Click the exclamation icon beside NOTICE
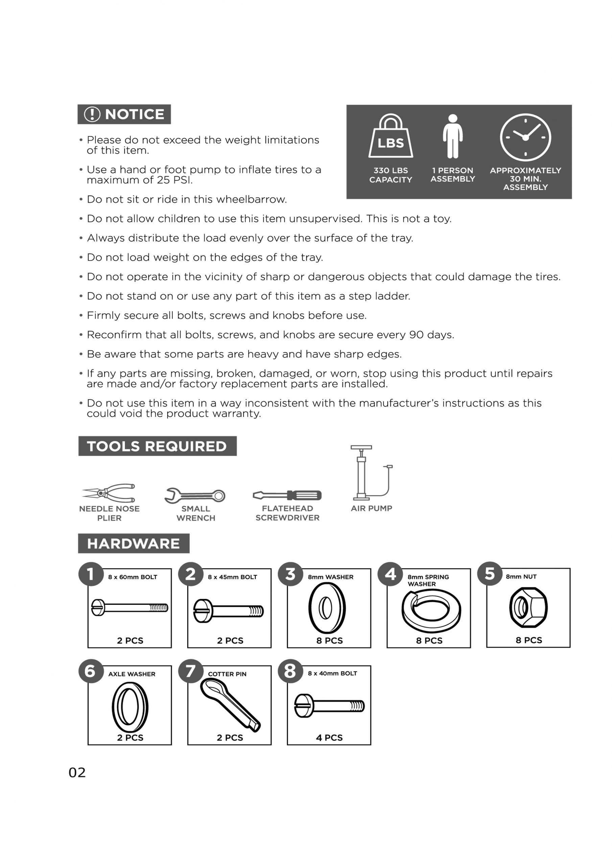tap(92, 114)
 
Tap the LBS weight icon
tap(391, 137)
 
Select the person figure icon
tap(452, 137)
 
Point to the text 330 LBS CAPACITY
tap(391, 175)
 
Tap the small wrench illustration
tap(195, 495)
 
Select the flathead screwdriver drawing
tap(287, 495)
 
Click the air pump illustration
tap(371, 473)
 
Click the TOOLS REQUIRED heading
tap(157, 446)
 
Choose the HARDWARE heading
tap(134, 544)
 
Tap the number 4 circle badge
tap(390, 574)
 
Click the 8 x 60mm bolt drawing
tap(130, 607)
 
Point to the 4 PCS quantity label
tap(329, 738)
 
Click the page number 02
tap(77, 773)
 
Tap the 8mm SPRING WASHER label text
tap(428, 580)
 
